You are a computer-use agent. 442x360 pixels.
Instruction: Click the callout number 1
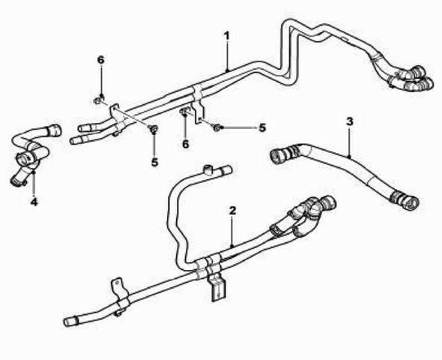(x=227, y=37)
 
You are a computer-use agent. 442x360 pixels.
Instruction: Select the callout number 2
(x=232, y=211)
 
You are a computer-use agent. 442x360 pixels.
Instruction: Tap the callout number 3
(x=349, y=121)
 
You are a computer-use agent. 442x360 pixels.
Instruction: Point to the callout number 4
(x=34, y=202)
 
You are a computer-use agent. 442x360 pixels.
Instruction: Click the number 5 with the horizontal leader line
(x=262, y=127)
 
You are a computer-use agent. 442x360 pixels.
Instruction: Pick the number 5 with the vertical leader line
(x=154, y=162)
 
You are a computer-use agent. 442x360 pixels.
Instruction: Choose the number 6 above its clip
(x=100, y=60)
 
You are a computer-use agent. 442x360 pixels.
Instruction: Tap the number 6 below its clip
(x=185, y=144)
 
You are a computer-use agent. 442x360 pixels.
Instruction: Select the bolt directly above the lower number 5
(x=154, y=130)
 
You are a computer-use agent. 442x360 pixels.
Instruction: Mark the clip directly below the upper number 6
(x=99, y=100)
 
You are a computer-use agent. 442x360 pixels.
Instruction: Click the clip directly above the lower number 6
(x=184, y=112)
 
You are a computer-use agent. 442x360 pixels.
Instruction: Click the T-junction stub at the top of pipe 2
(x=208, y=169)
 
